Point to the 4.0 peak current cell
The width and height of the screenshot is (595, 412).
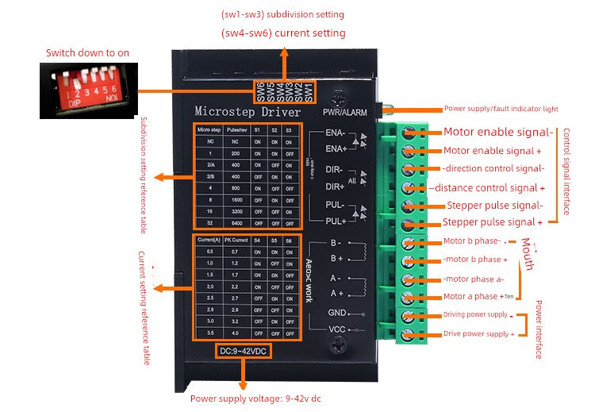[234, 333]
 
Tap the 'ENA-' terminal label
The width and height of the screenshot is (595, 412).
[335, 133]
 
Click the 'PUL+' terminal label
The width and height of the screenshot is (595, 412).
[335, 221]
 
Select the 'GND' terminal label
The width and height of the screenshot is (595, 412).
[337, 313]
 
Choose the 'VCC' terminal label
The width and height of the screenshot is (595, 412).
[337, 329]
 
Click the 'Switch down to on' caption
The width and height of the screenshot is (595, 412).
[87, 52]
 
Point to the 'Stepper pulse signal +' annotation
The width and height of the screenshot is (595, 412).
[493, 222]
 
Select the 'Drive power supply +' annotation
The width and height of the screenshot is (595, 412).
[478, 334]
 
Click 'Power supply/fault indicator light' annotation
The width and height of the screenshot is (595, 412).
[501, 109]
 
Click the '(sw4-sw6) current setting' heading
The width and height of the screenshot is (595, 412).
[283, 33]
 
